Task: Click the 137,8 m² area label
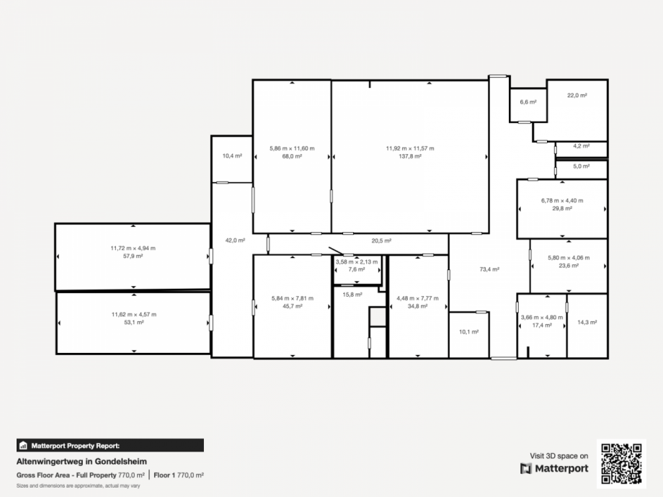(x=410, y=156)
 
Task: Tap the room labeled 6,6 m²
(x=528, y=102)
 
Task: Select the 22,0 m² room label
(x=577, y=96)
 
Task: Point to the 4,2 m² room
(x=582, y=145)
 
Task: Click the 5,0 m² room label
(x=582, y=166)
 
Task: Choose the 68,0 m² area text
(x=292, y=156)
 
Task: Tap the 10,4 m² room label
(x=232, y=156)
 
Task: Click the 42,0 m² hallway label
(x=235, y=241)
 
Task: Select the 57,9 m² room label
(x=133, y=256)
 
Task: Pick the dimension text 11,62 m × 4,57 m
(x=133, y=315)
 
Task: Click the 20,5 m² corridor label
(x=381, y=241)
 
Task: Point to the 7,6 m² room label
(x=357, y=269)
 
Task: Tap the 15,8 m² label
(x=352, y=295)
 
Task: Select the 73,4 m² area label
(x=489, y=269)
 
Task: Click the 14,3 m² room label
(x=587, y=323)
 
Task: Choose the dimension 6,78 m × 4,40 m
(x=562, y=201)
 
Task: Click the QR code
(x=621, y=463)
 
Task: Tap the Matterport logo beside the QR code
(x=554, y=469)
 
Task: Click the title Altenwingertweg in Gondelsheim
(x=81, y=462)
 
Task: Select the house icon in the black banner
(x=23, y=445)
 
